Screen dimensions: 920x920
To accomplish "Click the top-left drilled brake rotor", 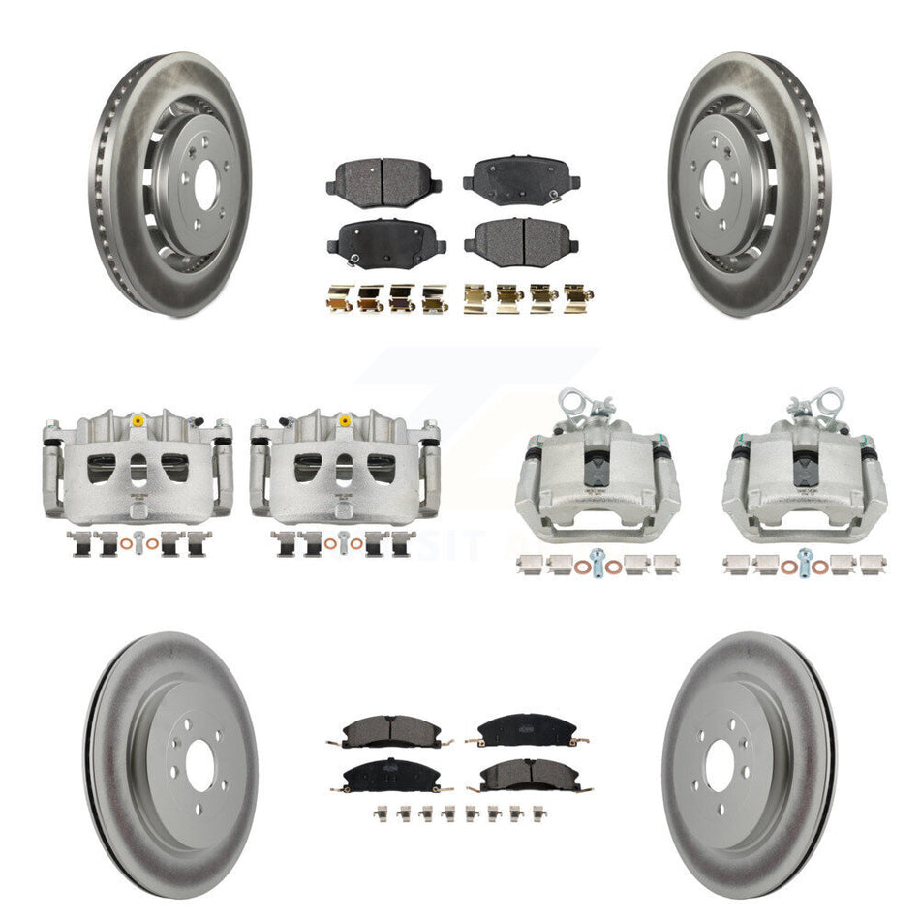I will point(172,184).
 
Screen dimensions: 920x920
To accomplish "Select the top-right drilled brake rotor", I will point(751,184).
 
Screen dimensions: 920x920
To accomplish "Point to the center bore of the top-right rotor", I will point(714,184).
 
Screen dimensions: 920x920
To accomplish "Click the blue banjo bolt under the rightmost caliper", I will point(803,560).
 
